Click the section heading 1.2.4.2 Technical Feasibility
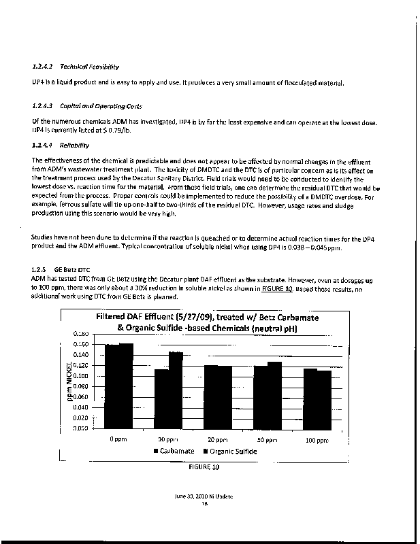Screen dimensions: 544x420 coord(76,67)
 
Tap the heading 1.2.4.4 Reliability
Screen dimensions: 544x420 coord(65,145)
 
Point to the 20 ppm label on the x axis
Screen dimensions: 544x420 coord(216,439)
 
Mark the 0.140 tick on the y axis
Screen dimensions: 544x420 coord(81,355)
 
